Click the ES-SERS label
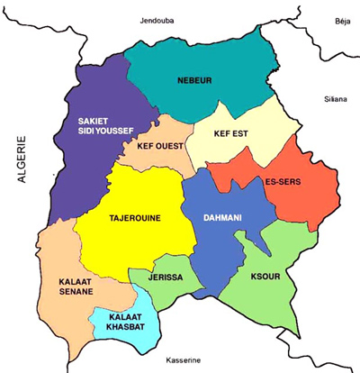tap(283, 182)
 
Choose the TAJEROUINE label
tap(135, 217)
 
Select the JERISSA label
tap(167, 278)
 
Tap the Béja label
tap(342, 17)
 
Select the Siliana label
tap(336, 101)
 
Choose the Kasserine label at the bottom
tap(181, 362)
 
